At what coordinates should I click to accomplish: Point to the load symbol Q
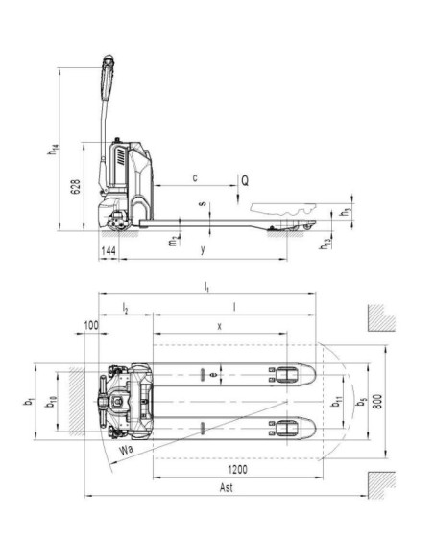pos(246,179)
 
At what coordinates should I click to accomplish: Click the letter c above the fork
pos(195,177)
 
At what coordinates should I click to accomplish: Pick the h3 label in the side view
pos(347,212)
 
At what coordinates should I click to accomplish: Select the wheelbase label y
pos(202,250)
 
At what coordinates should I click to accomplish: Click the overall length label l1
pos(206,287)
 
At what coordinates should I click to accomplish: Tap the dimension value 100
pos(91,326)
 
